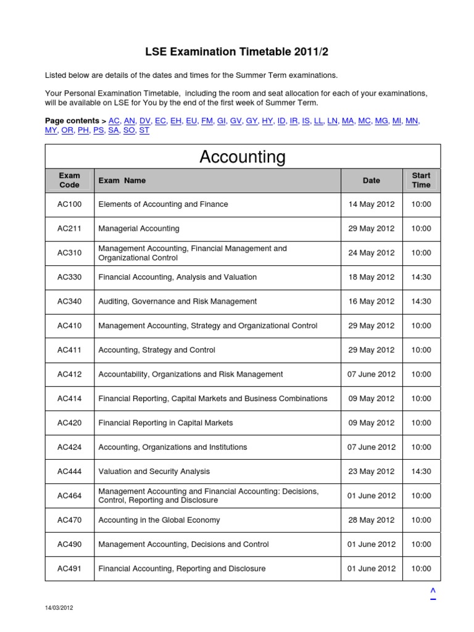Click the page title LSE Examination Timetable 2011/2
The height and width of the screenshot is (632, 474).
pyautogui.click(x=237, y=52)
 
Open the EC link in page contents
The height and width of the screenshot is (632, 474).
pyautogui.click(x=160, y=121)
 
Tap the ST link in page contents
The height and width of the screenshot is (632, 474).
pyautogui.click(x=144, y=131)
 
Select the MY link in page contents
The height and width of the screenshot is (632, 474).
pyautogui.click(x=51, y=131)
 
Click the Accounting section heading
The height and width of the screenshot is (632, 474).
pyautogui.click(x=243, y=157)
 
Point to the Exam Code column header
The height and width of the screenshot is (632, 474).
pyautogui.click(x=69, y=180)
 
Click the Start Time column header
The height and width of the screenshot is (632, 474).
pyautogui.click(x=421, y=180)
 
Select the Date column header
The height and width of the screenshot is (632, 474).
pyautogui.click(x=371, y=180)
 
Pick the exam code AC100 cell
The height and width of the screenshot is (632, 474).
pyautogui.click(x=69, y=204)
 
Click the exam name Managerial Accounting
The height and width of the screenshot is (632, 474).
pyautogui.click(x=139, y=228)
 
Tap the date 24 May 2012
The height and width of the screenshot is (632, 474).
pyautogui.click(x=371, y=252)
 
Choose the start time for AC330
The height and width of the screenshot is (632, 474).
pyautogui.click(x=421, y=277)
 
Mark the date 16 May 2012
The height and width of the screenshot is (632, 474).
pyautogui.click(x=371, y=301)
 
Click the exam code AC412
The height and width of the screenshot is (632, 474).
pyautogui.click(x=69, y=374)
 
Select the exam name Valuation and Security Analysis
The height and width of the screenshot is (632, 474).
pyautogui.click(x=154, y=472)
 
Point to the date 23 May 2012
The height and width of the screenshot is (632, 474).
pyautogui.click(x=371, y=472)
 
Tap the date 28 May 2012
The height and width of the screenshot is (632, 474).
pyautogui.click(x=371, y=520)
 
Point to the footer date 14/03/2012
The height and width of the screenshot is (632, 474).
pyautogui.click(x=59, y=608)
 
